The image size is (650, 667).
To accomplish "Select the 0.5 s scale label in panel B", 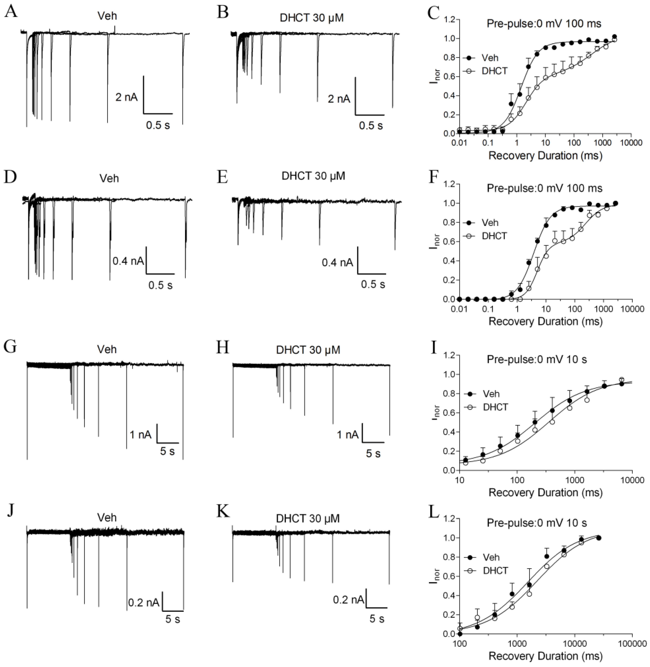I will tap(371, 126).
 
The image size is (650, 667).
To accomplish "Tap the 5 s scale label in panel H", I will tap(373, 454).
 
